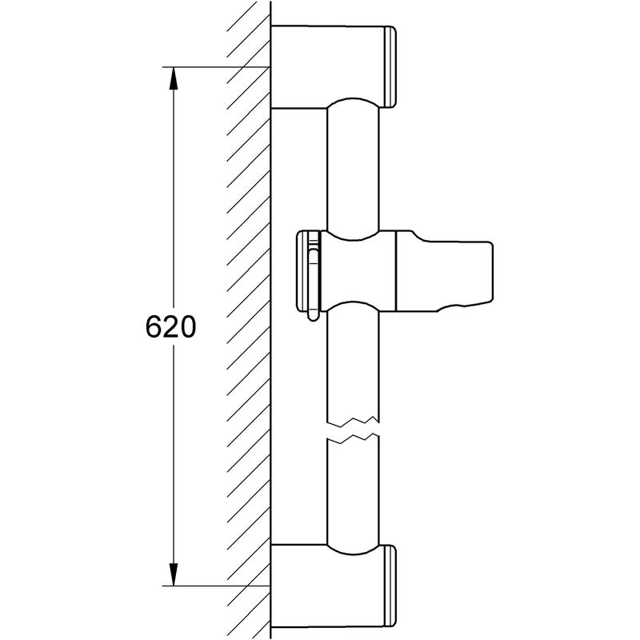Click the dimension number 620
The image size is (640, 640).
[171, 327]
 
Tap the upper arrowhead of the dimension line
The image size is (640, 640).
[174, 78]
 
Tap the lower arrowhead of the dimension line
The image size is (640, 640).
[174, 574]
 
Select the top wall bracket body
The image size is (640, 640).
[328, 67]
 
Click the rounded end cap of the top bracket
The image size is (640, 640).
[390, 67]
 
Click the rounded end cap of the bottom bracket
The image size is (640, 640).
[390, 586]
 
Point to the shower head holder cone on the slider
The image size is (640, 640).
[444, 271]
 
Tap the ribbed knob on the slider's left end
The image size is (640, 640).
[307, 271]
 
